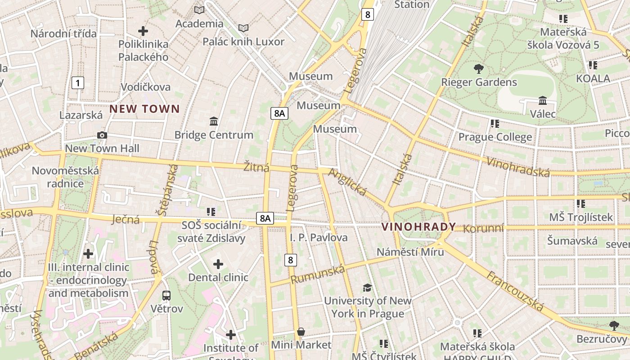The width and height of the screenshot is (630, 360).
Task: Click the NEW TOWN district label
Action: (x=144, y=109)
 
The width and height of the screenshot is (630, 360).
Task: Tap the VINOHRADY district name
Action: (x=418, y=227)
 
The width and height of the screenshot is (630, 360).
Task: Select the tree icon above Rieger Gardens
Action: (x=479, y=69)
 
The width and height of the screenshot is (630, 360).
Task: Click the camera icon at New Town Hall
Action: (x=102, y=135)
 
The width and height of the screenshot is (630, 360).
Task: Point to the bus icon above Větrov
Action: (x=166, y=296)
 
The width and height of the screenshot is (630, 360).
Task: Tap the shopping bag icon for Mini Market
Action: (x=301, y=332)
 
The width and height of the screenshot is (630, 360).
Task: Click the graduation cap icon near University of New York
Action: (x=368, y=288)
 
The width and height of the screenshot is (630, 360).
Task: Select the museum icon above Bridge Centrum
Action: (x=214, y=121)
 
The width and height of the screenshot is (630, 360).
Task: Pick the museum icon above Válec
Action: (x=543, y=100)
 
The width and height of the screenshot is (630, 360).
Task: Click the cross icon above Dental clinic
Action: (x=218, y=264)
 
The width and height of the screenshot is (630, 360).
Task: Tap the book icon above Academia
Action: (x=199, y=10)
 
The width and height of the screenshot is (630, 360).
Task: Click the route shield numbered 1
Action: (x=78, y=83)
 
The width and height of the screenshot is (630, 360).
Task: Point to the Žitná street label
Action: (x=256, y=168)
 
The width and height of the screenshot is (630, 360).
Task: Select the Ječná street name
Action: (x=126, y=220)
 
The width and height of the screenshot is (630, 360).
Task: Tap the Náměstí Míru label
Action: (x=410, y=252)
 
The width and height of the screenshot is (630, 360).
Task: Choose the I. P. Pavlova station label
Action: (x=319, y=237)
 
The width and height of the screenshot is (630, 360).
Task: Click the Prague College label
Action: (x=495, y=137)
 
